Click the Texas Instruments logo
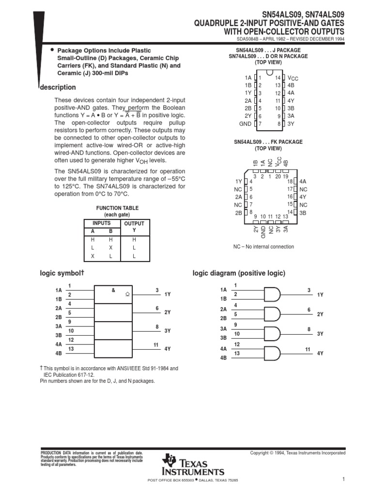coord(194,465)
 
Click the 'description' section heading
coord(58,88)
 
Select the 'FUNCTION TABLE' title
coord(117,208)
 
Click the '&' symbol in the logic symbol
coord(113,291)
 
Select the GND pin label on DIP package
coord(246,124)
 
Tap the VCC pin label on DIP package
coord(293,78)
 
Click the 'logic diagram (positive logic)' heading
coord(239,273)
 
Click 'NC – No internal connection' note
coord(263,247)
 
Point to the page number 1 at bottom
coord(342,479)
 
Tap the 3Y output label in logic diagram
coord(320,333)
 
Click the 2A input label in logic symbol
coord(59,309)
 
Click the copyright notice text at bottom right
coord(297,453)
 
